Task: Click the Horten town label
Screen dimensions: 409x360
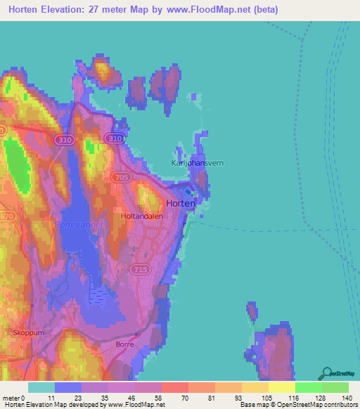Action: [x=181, y=203]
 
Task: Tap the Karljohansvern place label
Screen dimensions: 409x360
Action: [x=198, y=162]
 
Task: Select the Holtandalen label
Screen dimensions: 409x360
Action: [x=142, y=216]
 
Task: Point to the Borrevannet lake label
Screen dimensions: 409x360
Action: [x=79, y=224]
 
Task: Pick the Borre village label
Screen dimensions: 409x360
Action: [x=125, y=345]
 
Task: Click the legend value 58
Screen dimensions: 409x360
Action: [x=158, y=397]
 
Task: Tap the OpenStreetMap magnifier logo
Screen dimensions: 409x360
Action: [x=326, y=373]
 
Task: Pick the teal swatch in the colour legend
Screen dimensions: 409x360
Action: [x=41, y=387]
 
